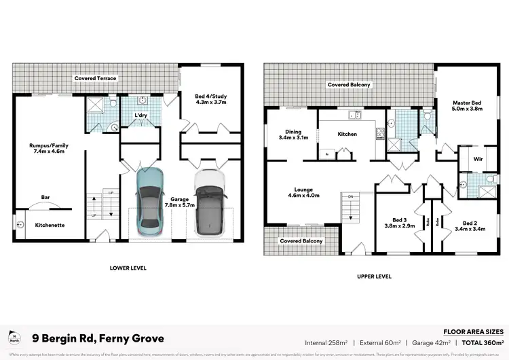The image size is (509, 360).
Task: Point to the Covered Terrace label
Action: [x=96, y=78]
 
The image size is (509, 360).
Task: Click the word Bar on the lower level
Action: [x=45, y=198]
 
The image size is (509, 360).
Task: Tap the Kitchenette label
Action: [x=50, y=225]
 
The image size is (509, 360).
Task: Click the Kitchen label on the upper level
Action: [x=347, y=134]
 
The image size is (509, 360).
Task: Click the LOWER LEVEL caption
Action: [x=128, y=268]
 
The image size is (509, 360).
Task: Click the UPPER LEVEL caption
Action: [x=373, y=276]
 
